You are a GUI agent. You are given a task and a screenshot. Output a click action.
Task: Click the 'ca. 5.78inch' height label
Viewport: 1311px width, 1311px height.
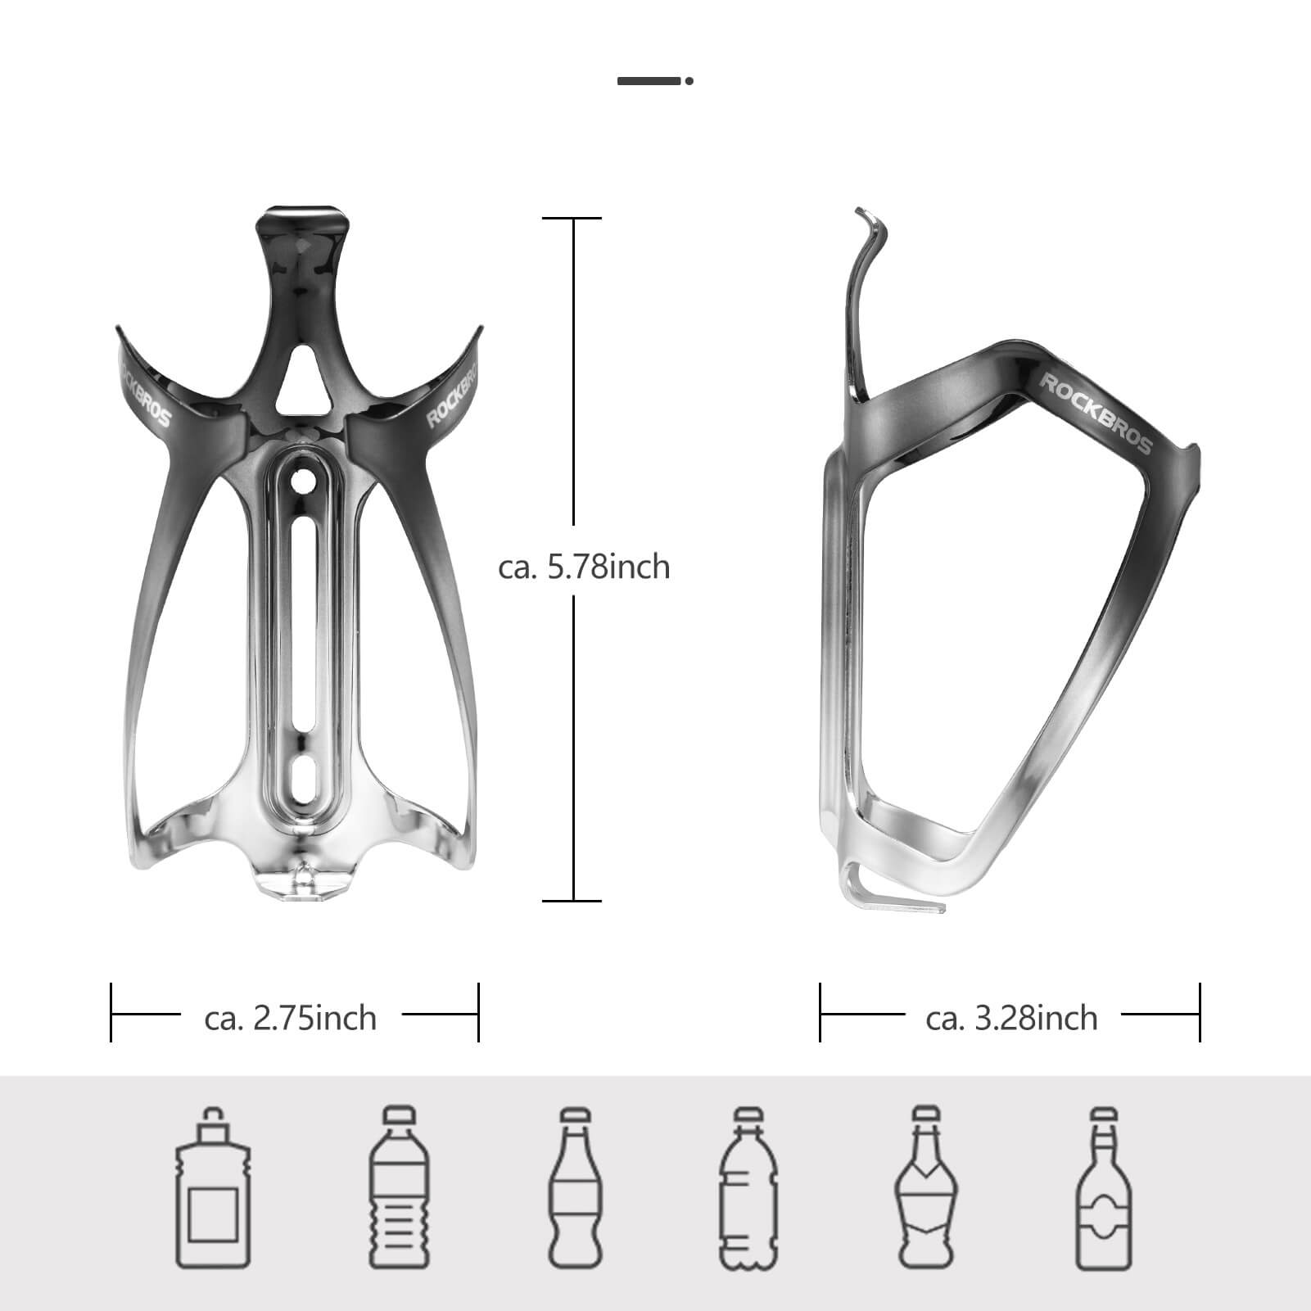coord(584,567)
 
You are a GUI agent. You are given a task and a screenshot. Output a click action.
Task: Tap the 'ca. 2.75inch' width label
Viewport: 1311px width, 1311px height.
coord(291,1018)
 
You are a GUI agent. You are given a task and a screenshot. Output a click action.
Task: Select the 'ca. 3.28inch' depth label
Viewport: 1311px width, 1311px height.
coord(1011,1018)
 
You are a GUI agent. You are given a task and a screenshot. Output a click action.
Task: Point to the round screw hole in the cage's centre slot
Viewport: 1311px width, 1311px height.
coord(303,481)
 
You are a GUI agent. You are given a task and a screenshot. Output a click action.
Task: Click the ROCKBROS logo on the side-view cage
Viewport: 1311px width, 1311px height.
coord(1095,414)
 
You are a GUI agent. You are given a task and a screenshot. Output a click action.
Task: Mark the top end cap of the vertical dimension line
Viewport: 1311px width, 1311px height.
coord(572,219)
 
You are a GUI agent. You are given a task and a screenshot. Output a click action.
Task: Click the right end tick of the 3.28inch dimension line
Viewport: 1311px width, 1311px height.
coord(1200,1013)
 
